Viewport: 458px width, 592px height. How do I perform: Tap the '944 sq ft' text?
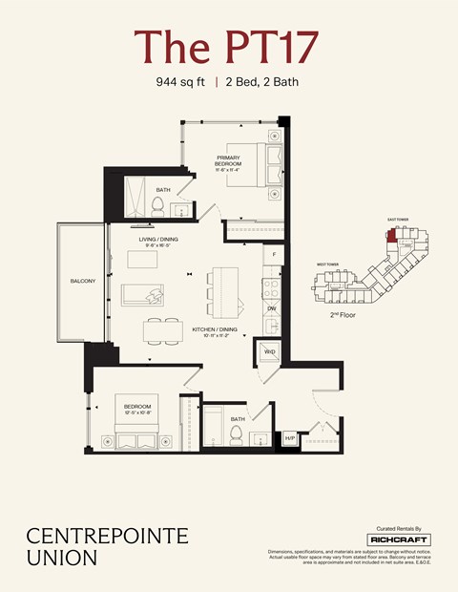click(181, 82)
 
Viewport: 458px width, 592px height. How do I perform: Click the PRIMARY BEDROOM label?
click(229, 160)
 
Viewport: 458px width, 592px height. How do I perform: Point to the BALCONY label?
click(81, 282)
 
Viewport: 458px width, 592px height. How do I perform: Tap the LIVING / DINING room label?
click(156, 242)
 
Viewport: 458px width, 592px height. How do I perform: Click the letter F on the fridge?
click(274, 255)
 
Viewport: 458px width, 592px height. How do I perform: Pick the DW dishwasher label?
click(272, 308)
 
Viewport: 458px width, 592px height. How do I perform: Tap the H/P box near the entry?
click(290, 438)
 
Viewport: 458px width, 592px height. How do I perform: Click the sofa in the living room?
click(144, 293)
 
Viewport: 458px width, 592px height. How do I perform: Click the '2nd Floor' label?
click(343, 313)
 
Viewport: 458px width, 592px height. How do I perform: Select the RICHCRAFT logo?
click(398, 539)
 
